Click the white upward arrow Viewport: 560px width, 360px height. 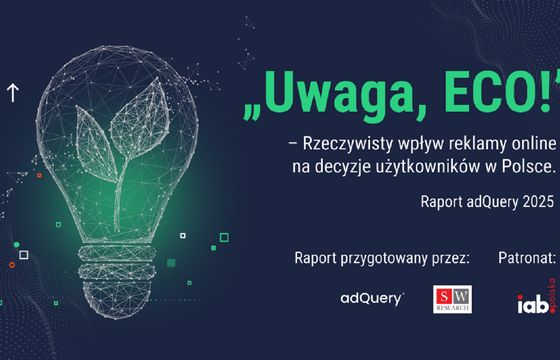(x=13, y=93)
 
